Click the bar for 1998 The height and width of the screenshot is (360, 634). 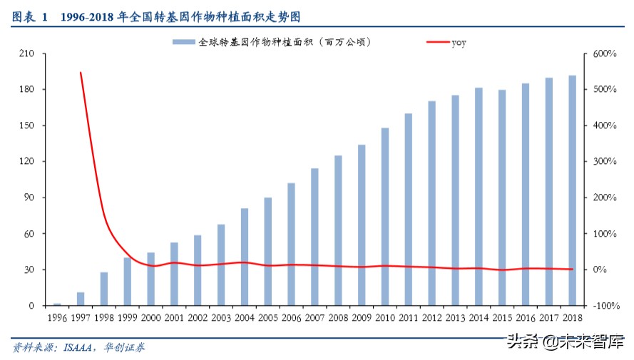[x=104, y=289]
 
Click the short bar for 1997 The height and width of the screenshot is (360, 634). [x=81, y=299]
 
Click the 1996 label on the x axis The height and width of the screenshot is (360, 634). [x=57, y=317]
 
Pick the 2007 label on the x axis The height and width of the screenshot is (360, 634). [x=315, y=317]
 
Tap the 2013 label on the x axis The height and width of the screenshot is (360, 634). [x=455, y=317]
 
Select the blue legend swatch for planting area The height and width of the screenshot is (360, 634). [x=184, y=42]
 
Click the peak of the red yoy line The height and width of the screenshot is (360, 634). [x=81, y=72]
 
